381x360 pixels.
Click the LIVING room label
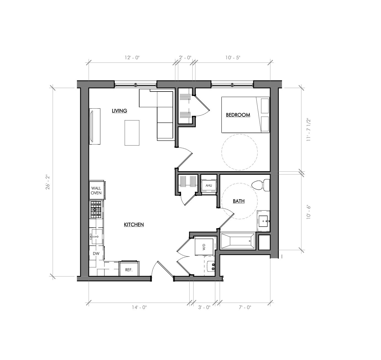pos(119,111)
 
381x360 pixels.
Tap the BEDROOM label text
pos(238,115)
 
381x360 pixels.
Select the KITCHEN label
pos(134,225)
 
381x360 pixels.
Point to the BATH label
pos(238,201)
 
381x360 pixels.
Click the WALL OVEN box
pos(96,190)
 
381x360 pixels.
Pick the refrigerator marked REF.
pos(129,269)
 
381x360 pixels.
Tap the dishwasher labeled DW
pos(96,254)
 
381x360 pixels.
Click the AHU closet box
pos(209,186)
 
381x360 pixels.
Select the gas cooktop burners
pos(96,209)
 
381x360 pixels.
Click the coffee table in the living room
pos(132,133)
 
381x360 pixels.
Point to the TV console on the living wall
pos(94,126)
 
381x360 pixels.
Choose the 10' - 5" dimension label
pos(233,58)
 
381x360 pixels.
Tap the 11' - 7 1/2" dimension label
pos(308,130)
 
